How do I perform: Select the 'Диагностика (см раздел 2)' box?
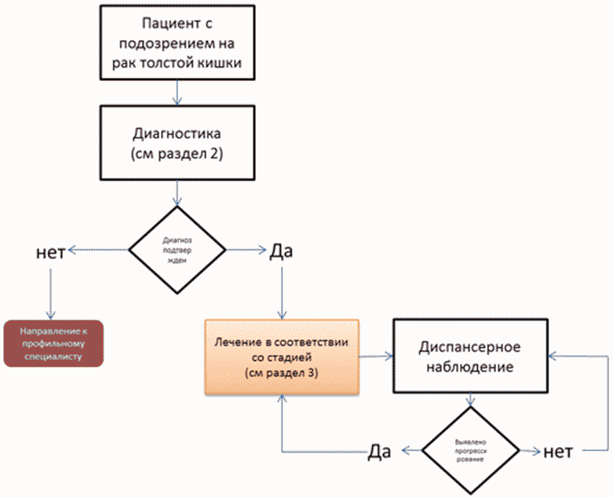click(x=179, y=142)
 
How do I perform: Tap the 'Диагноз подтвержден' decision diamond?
click(x=178, y=250)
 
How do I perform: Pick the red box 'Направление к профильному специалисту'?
click(x=53, y=343)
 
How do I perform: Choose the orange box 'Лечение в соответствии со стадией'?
click(x=281, y=356)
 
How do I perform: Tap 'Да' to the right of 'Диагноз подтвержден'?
click(x=281, y=251)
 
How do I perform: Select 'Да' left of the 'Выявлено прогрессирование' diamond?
click(x=381, y=452)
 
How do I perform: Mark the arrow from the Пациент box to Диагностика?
click(x=179, y=92)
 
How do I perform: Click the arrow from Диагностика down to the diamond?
click(x=179, y=193)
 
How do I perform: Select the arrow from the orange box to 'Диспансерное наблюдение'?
click(x=375, y=356)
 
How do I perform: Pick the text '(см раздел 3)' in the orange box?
click(x=281, y=373)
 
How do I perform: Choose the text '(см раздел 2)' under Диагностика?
click(x=179, y=154)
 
